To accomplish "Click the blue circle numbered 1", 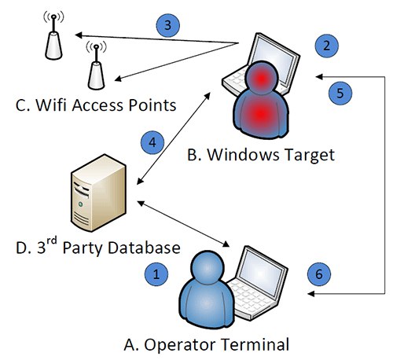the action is coord(156,274).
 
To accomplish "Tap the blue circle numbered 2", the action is coord(326,46).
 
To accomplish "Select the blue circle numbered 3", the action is coord(168,25).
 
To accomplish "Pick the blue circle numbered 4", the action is coord(152,143).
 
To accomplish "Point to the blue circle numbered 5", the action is coord(340,93).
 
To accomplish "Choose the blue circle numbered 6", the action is coord(319,274).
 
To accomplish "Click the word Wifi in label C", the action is coord(51,105).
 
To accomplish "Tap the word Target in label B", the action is coord(309,155).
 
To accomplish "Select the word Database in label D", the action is coord(144,248).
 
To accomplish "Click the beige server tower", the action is coord(98,193).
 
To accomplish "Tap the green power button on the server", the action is coord(81,204).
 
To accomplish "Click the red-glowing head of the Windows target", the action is coord(261,76).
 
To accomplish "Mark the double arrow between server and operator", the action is coord(183,224).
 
